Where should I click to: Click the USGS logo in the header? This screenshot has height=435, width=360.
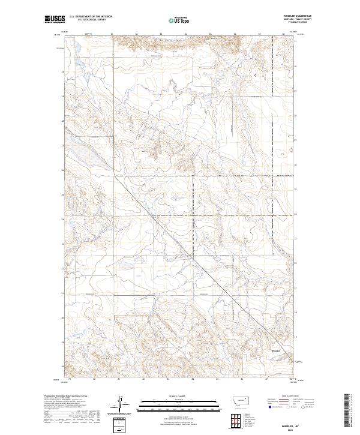[x=55, y=20]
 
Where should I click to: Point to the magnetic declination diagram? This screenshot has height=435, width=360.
[x=124, y=404]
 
